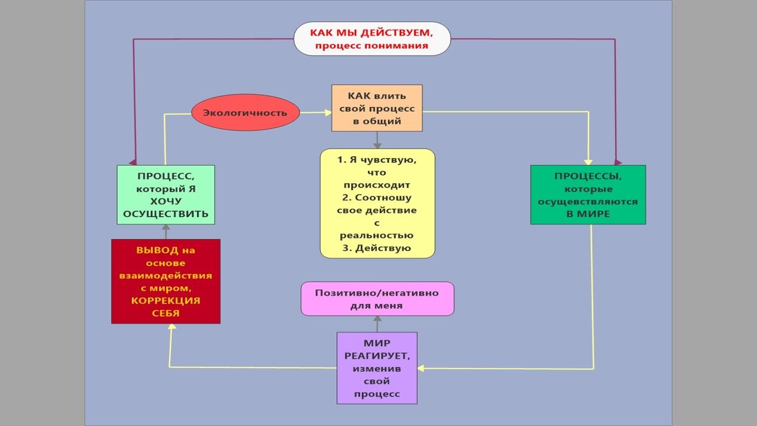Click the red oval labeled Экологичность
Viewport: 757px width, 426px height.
[x=245, y=112]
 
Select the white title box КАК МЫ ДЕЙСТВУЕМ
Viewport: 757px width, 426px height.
[x=372, y=38]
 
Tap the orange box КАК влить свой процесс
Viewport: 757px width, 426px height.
[x=377, y=108]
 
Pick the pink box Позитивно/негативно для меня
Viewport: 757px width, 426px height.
[x=377, y=299]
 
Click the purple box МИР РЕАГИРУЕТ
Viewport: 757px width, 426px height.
[x=377, y=368]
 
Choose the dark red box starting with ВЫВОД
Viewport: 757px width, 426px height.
[x=166, y=281]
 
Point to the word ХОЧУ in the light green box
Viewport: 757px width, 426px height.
[x=166, y=202]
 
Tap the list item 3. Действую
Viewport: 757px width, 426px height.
[x=377, y=248]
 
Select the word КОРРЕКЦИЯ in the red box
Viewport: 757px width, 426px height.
[x=166, y=301]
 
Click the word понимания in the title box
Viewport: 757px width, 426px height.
[x=400, y=46]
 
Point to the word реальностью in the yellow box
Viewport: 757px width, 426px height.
[x=377, y=235]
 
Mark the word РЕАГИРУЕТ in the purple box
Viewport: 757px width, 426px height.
[x=377, y=356]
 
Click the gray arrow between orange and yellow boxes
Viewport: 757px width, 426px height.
[x=377, y=140]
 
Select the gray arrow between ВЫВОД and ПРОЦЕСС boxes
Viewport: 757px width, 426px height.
[x=166, y=231]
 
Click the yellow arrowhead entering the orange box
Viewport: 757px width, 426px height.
[x=327, y=111]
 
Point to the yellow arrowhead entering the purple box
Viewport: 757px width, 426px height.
[x=421, y=368]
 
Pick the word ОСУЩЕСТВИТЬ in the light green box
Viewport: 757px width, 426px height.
[x=166, y=214]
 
